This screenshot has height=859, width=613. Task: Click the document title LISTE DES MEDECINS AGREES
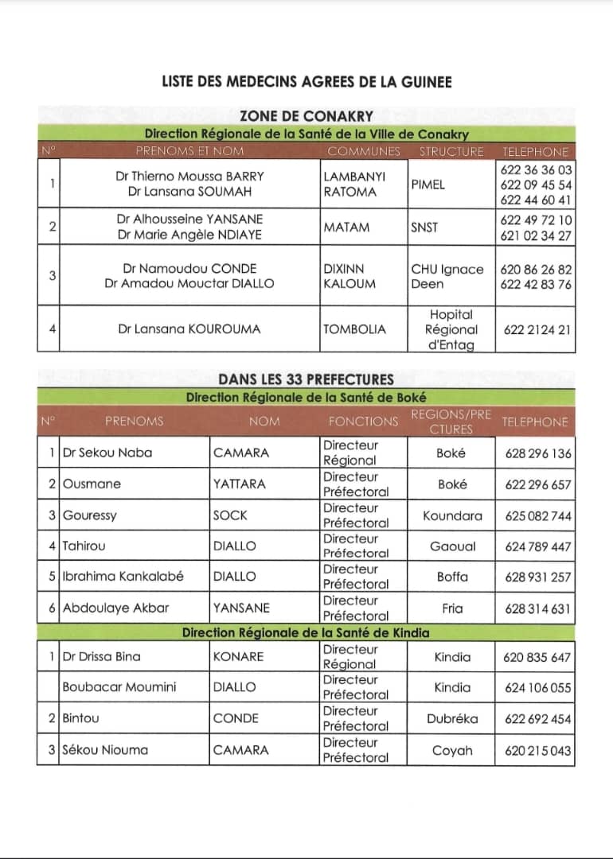point(306,82)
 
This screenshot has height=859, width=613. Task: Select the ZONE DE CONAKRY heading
point(306,116)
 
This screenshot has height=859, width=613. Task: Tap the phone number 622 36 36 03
point(537,170)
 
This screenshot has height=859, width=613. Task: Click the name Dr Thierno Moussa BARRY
point(189,177)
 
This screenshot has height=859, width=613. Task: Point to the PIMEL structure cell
point(428,185)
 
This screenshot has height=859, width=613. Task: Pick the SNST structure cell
point(424,227)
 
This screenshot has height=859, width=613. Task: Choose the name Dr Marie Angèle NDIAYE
point(189,235)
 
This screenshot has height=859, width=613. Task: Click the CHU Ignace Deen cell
point(447,276)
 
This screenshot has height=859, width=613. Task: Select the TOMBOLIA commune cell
point(354,328)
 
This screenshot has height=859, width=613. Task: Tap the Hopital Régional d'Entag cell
point(451,329)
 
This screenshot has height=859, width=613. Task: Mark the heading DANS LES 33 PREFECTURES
point(306,379)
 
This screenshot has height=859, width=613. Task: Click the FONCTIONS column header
point(363,422)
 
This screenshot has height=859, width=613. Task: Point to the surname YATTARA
point(240,484)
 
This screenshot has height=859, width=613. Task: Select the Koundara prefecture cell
point(452,515)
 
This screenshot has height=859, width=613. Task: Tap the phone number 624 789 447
point(538,546)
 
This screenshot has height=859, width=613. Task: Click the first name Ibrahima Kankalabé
point(123,577)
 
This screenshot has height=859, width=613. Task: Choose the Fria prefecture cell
point(452,608)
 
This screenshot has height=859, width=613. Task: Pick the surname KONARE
point(238,657)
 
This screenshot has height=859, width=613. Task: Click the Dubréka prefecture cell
point(452,719)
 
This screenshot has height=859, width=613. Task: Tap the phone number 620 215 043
point(538,750)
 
